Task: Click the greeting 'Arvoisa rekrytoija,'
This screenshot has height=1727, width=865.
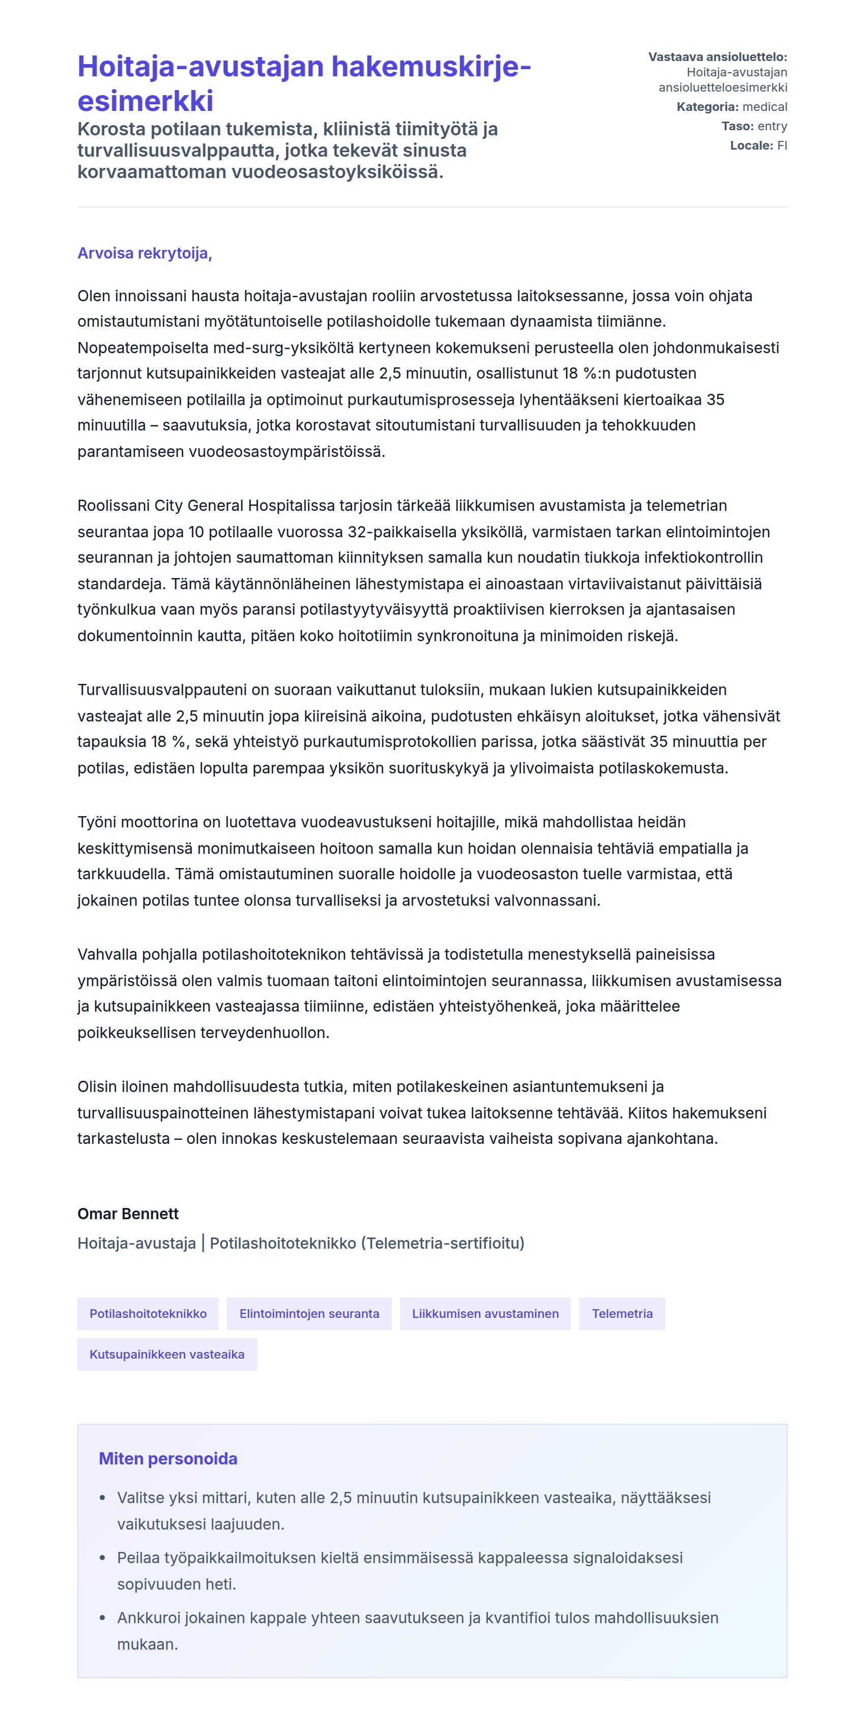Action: (x=144, y=253)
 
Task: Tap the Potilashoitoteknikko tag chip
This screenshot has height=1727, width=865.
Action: (x=148, y=1313)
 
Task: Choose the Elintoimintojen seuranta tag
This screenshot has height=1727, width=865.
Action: (x=309, y=1313)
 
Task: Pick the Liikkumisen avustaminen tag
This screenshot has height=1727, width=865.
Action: (x=485, y=1313)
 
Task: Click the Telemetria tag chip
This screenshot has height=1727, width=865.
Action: (x=622, y=1313)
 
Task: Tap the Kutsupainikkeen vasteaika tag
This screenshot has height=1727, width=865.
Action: (x=167, y=1354)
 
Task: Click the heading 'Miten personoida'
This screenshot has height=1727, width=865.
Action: (x=167, y=1459)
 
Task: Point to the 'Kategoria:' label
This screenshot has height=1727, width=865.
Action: (x=707, y=106)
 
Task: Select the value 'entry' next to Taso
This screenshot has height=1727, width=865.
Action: (x=772, y=126)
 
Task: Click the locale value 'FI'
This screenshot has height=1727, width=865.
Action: (x=782, y=146)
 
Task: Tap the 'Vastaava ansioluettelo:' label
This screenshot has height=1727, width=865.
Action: (x=717, y=57)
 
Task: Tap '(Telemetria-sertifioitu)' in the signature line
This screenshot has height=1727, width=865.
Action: (x=443, y=1243)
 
